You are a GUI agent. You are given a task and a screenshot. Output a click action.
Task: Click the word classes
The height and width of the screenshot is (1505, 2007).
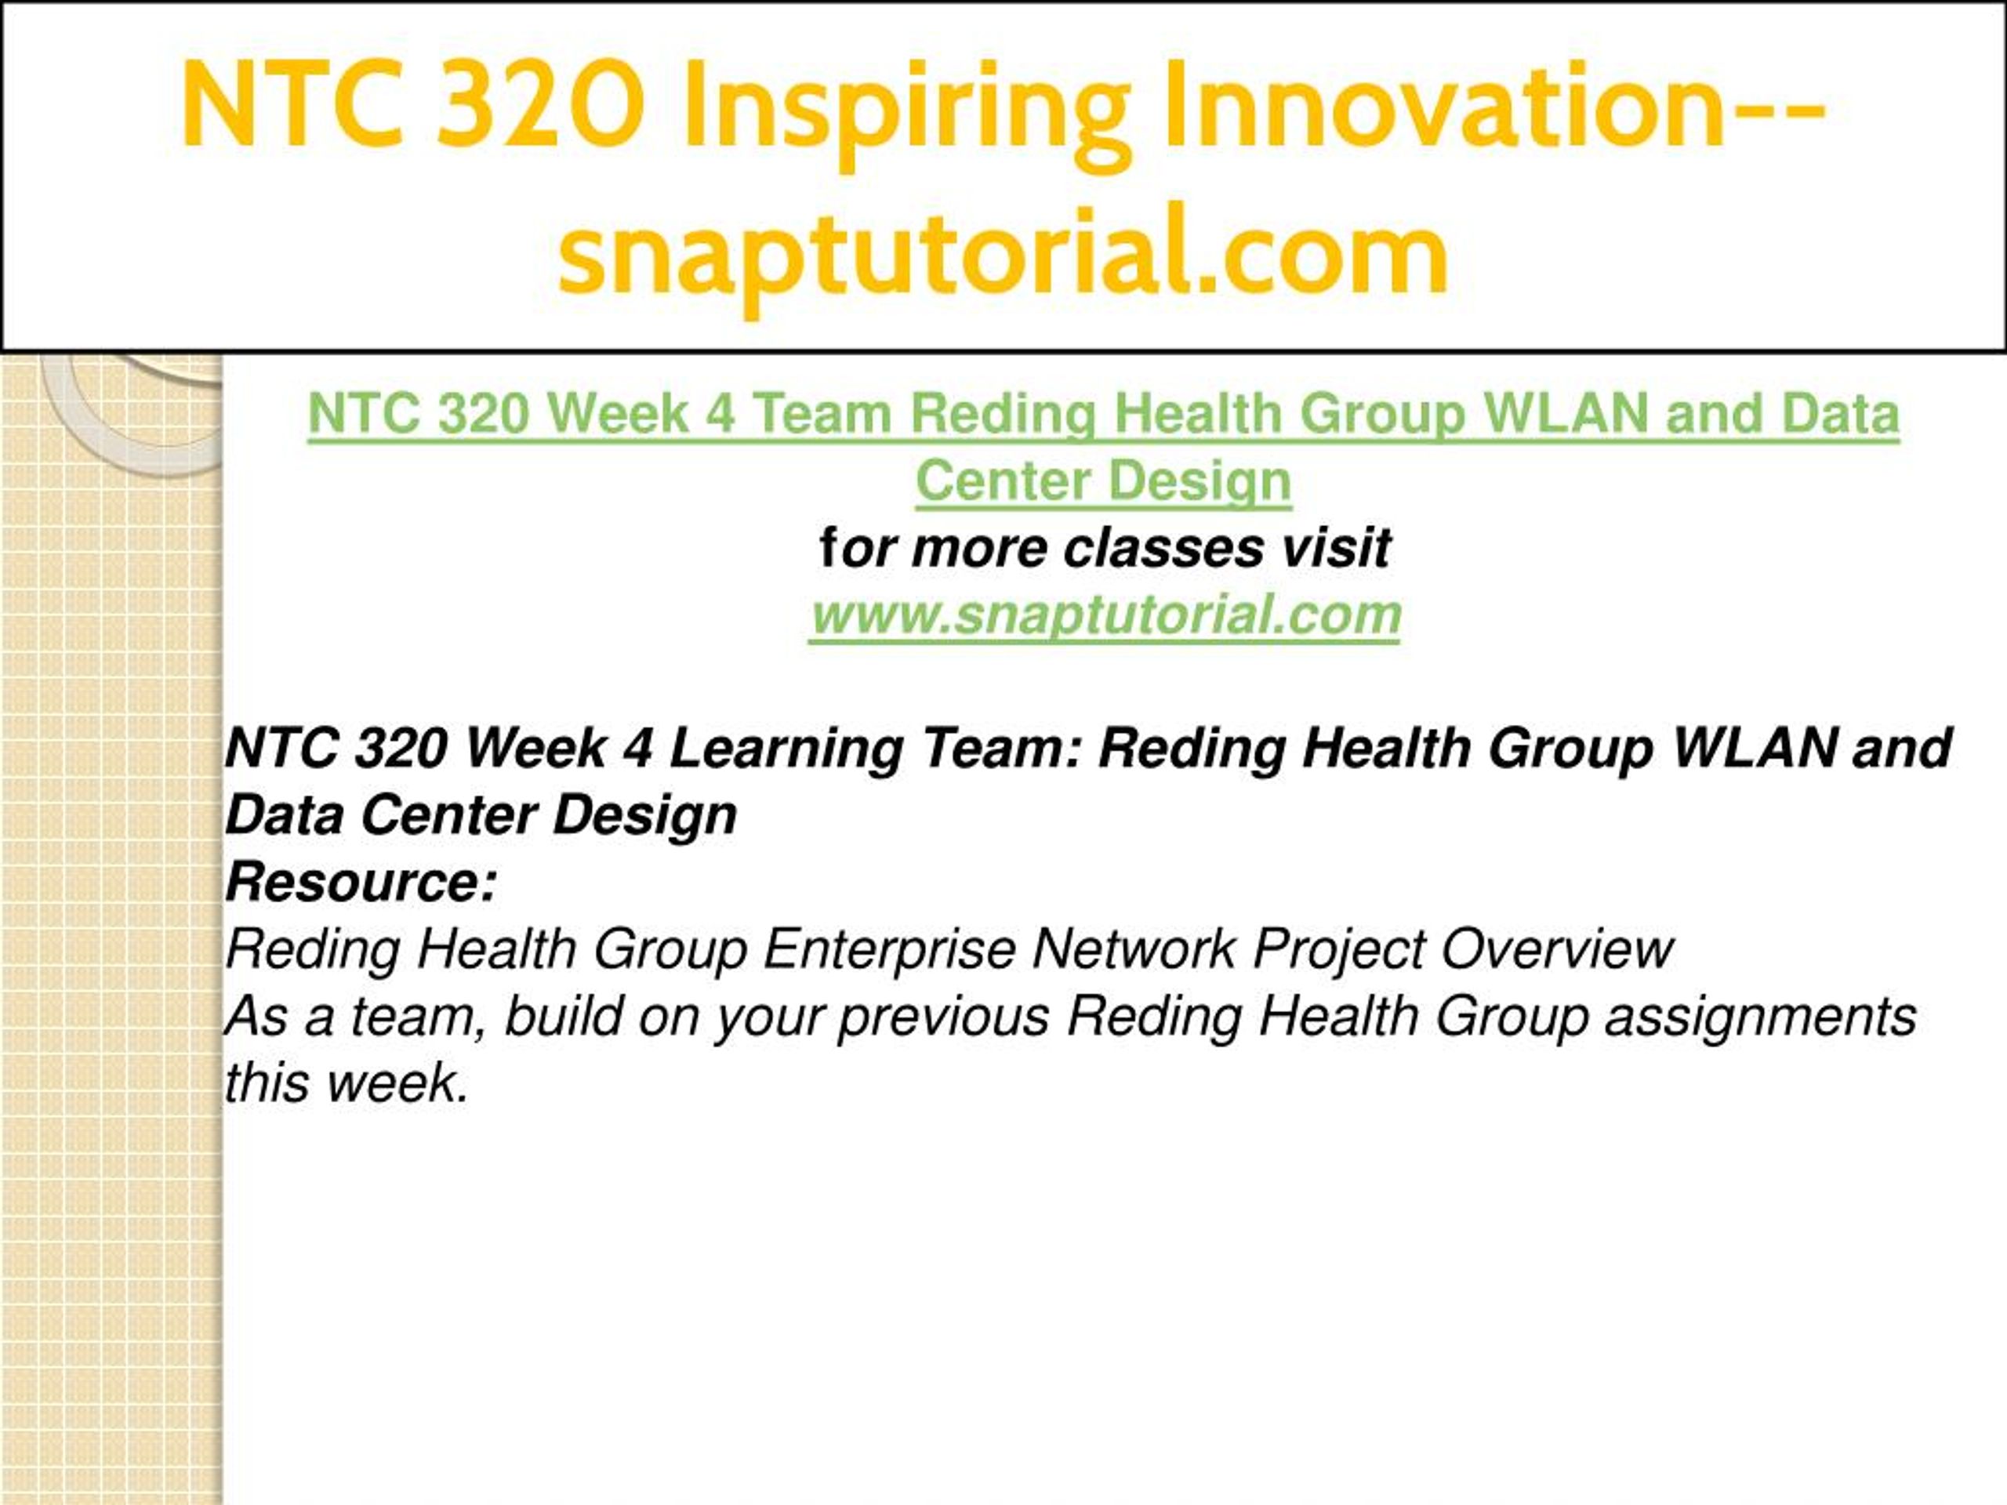1163,548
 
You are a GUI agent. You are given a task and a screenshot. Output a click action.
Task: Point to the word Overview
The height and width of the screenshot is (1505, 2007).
1556,950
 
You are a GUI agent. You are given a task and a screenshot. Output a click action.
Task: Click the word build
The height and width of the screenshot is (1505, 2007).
564,1016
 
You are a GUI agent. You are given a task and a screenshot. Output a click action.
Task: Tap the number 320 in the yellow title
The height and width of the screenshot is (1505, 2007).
541,103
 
